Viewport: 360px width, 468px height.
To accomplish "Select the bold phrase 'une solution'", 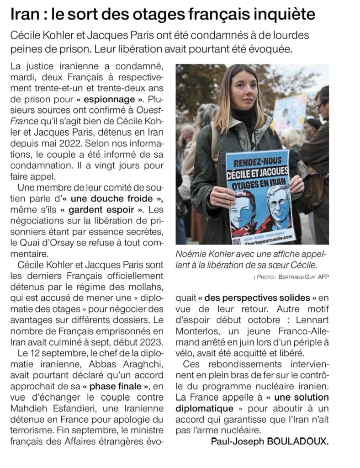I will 304,398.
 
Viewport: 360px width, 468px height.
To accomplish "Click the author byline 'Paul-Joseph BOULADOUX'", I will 270,441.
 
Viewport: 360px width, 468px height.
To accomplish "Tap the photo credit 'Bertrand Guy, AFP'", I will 302,277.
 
